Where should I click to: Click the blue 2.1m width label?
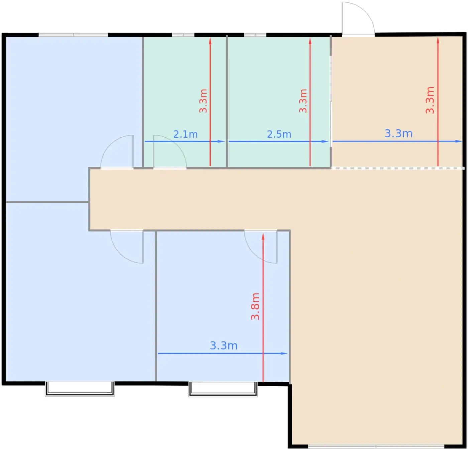click(x=185, y=134)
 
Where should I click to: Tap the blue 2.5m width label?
click(x=279, y=134)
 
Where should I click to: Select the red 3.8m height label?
click(x=255, y=306)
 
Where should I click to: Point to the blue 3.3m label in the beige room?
click(x=398, y=133)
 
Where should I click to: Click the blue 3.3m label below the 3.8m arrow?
click(x=223, y=346)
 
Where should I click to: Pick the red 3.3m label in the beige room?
click(x=430, y=100)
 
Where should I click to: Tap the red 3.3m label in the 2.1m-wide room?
click(x=203, y=101)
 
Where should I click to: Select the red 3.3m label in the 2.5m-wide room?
click(x=303, y=101)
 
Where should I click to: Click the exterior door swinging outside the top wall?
click(x=358, y=19)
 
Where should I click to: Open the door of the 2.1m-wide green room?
click(x=169, y=152)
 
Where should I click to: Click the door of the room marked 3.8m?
click(x=261, y=246)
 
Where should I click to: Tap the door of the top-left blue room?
click(x=117, y=152)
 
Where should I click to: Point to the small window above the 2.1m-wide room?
click(x=183, y=35)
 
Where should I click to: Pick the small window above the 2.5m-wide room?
click(x=255, y=35)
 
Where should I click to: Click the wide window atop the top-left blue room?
click(x=73, y=35)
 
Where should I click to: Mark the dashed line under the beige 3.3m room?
click(x=397, y=168)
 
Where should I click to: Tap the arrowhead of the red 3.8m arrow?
click(x=263, y=236)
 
